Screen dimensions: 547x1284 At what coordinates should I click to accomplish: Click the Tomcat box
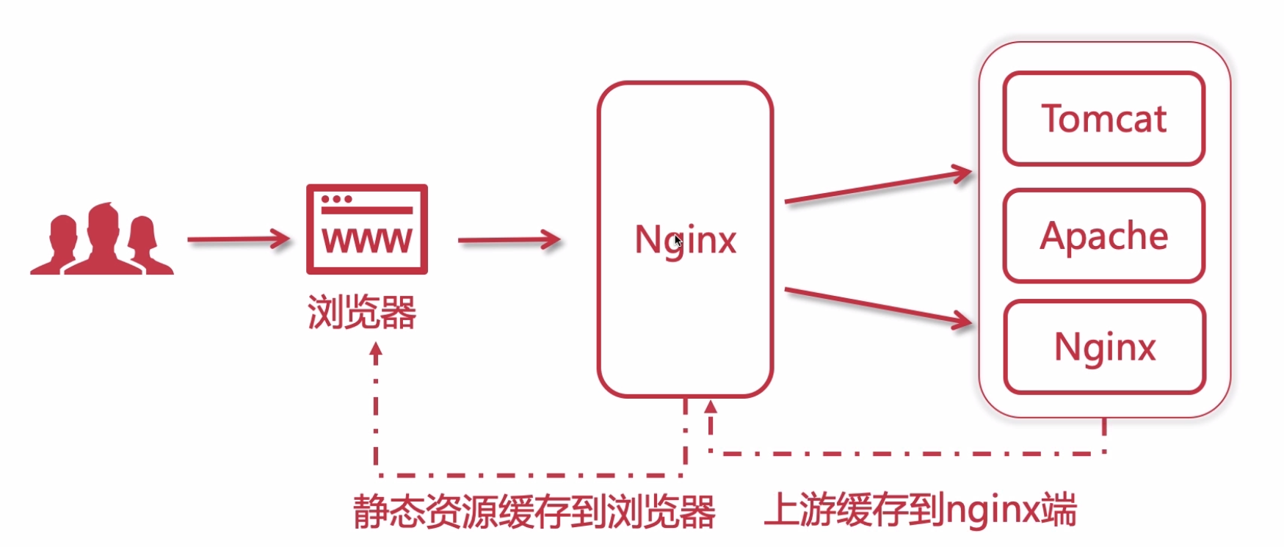pos(1103,118)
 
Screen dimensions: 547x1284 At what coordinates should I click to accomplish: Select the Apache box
pos(1103,236)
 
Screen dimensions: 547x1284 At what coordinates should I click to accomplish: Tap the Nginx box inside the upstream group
pos(1104,347)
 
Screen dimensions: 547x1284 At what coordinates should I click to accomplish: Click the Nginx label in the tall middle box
pos(685,239)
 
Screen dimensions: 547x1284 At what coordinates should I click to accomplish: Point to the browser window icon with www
pos(366,229)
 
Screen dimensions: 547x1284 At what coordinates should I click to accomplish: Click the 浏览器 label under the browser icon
pos(361,312)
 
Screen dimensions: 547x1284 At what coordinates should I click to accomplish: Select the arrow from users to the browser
pos(239,239)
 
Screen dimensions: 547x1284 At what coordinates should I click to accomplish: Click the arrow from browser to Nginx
pos(509,239)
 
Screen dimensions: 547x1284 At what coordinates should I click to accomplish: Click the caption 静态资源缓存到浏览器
pos(534,511)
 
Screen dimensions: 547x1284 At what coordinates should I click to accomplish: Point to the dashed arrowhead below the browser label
pos(376,353)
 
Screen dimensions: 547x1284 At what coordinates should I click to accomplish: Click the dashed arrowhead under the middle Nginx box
pos(710,406)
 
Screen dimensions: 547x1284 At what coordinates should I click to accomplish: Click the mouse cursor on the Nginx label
pos(678,240)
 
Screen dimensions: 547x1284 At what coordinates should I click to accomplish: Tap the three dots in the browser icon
pos(336,199)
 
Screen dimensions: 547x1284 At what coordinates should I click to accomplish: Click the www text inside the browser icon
pos(366,239)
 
